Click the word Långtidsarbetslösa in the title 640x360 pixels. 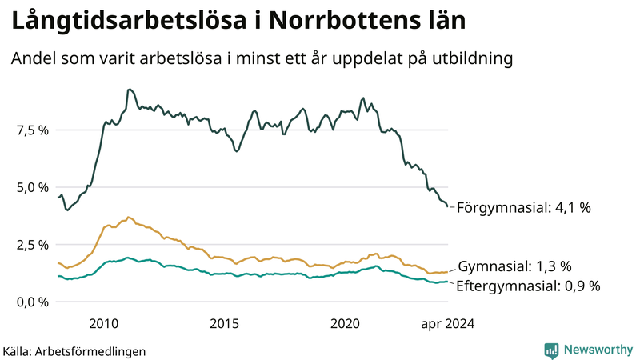point(126,22)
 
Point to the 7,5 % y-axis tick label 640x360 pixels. point(32,130)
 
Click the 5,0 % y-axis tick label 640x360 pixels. point(32,187)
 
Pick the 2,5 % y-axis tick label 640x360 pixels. point(32,244)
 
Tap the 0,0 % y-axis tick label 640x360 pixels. point(32,302)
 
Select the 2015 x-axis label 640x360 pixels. point(225,323)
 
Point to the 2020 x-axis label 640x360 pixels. point(346,323)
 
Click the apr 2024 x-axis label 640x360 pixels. point(447,323)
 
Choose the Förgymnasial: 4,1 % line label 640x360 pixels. point(523,208)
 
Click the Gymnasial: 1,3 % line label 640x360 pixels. point(514,266)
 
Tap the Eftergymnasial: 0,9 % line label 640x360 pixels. point(528,286)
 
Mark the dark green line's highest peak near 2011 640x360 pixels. point(130,90)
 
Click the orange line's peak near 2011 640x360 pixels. point(128,217)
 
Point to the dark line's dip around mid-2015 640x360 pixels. point(236,150)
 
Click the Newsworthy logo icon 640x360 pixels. point(551,350)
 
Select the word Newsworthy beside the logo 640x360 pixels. point(596,350)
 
